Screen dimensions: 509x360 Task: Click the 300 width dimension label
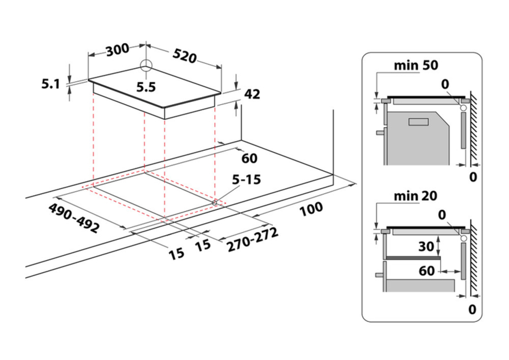117,50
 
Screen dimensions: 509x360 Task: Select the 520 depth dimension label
185,56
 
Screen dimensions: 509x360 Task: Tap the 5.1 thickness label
50,84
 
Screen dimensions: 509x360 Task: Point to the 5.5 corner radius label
146,87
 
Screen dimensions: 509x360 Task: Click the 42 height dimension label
252,94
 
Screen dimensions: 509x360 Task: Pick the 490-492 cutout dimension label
74,218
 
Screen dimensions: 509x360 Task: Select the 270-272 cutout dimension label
253,240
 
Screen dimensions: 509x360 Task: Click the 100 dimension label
311,209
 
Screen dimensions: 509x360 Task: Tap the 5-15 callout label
246,179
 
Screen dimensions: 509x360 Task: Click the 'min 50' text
416,65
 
